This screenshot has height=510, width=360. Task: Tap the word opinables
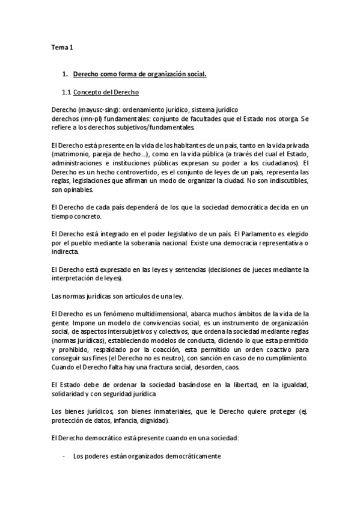coord(79,189)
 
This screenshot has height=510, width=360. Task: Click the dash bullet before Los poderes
coord(64,456)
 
